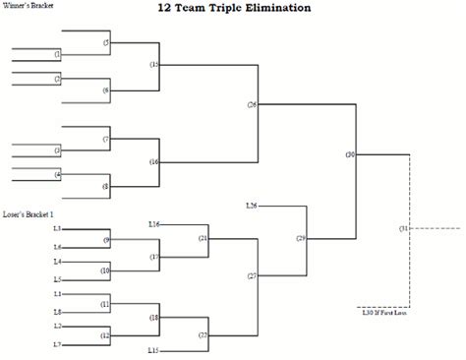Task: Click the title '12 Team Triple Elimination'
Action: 233,8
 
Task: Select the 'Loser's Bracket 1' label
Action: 29,213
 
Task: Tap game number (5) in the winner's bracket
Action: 106,43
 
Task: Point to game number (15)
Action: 153,65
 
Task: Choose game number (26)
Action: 252,104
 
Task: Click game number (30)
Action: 351,154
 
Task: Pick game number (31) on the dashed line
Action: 403,228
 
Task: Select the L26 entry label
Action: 251,206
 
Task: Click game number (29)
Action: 301,238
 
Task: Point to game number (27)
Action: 252,276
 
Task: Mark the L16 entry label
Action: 153,225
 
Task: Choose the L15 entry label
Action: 153,350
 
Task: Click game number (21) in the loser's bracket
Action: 203,238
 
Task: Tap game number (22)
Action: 203,334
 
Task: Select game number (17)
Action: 153,257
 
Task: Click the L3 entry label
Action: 58,229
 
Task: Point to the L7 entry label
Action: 58,343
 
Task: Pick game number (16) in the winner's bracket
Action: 153,161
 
